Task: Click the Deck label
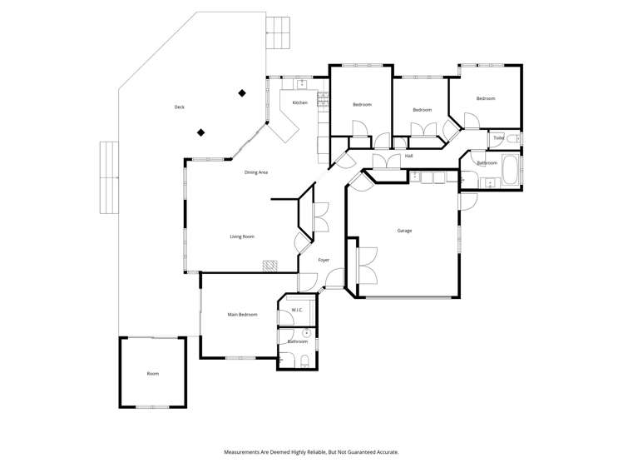coord(179,107)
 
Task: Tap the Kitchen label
coord(299,102)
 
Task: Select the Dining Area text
coord(255,172)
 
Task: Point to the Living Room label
coord(242,236)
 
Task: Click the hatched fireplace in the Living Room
coord(269,266)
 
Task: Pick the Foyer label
coord(324,260)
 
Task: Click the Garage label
coord(404,231)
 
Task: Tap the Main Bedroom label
coord(242,315)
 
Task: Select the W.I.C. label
coord(296,311)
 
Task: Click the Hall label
coord(408,156)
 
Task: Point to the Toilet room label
coord(498,137)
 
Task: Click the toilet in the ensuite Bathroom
coord(304,361)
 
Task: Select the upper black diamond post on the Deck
coord(242,93)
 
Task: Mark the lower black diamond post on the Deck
coord(200,132)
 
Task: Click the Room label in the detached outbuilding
coord(153,374)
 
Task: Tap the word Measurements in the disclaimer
coord(248,452)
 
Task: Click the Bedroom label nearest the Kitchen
coord(362,104)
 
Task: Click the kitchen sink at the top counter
coord(300,82)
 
